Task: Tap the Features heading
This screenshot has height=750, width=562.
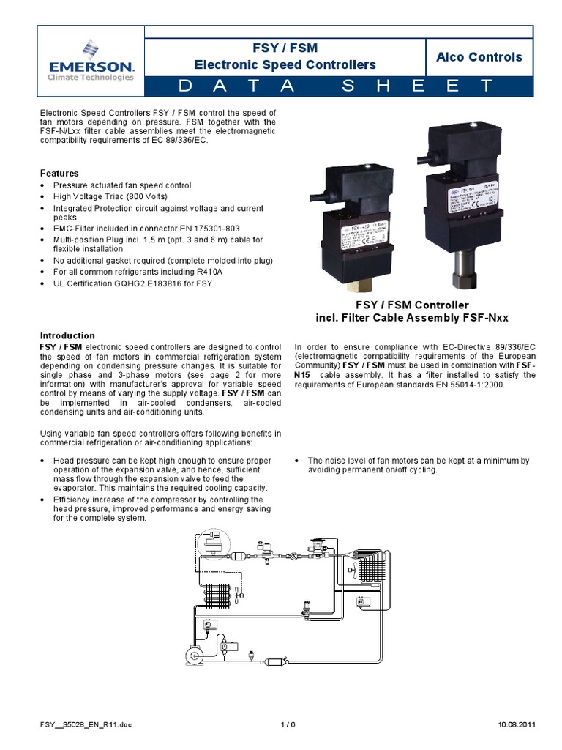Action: point(59,173)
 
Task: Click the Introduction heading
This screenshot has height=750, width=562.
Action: point(67,335)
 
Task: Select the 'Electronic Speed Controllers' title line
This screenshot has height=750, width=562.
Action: point(285,65)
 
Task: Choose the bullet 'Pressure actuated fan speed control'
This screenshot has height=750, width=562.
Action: point(122,185)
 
